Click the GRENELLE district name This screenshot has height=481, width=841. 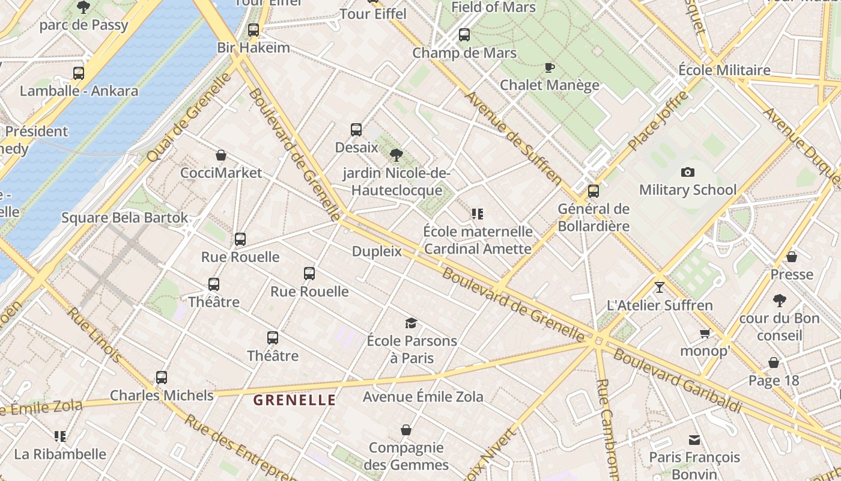click(294, 400)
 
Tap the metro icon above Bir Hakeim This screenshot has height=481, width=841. click(254, 30)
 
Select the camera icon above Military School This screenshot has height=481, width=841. click(688, 173)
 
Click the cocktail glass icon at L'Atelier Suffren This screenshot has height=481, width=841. click(660, 287)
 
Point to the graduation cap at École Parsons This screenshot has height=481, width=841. click(411, 323)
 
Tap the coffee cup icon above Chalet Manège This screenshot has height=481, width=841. click(549, 67)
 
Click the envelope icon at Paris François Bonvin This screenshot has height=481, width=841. click(694, 440)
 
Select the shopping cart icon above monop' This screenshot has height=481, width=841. click(705, 333)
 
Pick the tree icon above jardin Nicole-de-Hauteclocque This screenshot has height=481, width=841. click(396, 155)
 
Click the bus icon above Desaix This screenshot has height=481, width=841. click(356, 129)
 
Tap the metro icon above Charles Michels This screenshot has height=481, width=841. click(161, 378)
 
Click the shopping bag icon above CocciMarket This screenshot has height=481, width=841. click(221, 155)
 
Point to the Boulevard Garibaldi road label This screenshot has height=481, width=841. click(677, 381)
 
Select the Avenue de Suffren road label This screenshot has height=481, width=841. click(514, 138)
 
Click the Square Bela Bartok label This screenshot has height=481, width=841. click(125, 218)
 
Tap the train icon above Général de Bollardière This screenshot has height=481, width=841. click(594, 191)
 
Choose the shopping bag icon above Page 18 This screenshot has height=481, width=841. click(774, 363)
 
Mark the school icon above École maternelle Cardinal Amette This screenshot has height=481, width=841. click(478, 213)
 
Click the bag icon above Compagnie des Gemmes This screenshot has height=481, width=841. click(406, 430)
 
